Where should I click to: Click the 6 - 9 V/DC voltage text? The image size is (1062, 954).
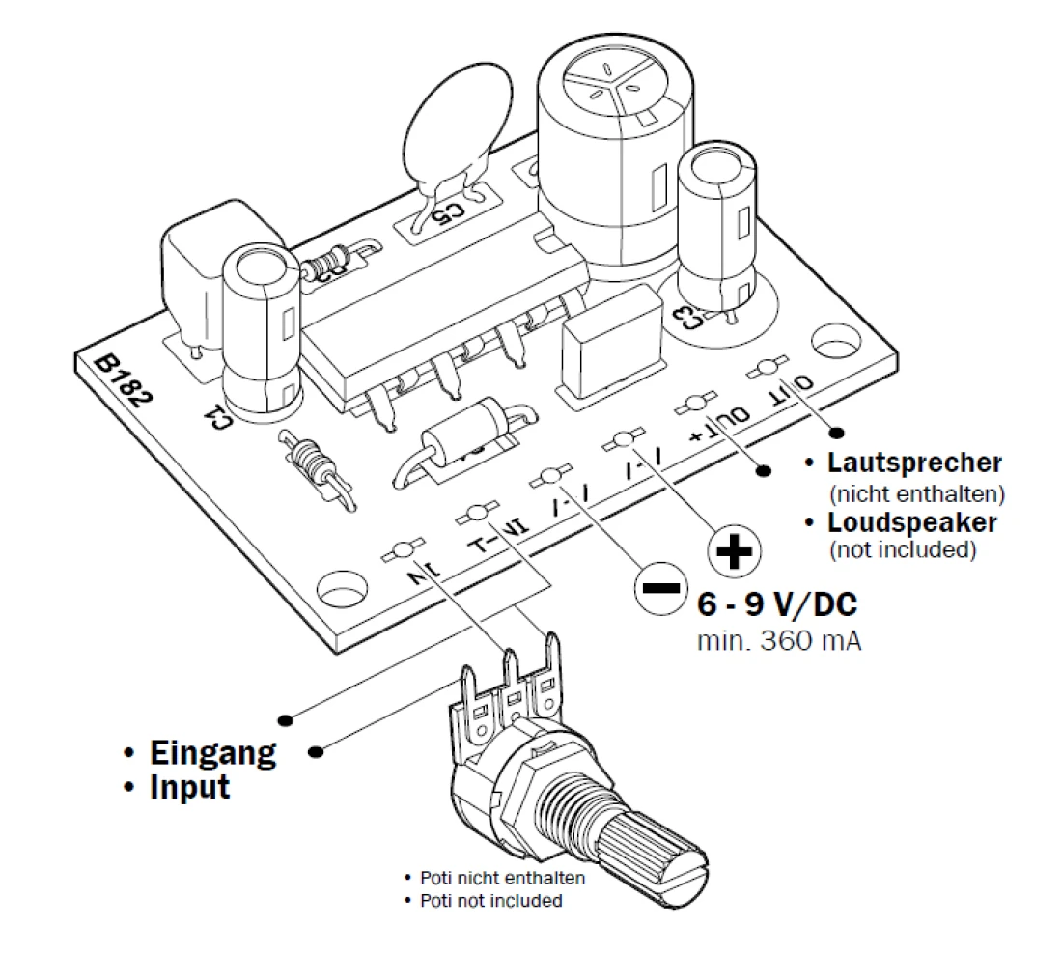click(x=776, y=605)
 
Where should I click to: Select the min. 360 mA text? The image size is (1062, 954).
click(x=779, y=640)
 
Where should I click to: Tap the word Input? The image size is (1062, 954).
click(x=190, y=786)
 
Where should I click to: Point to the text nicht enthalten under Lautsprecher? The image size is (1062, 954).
click(x=917, y=493)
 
